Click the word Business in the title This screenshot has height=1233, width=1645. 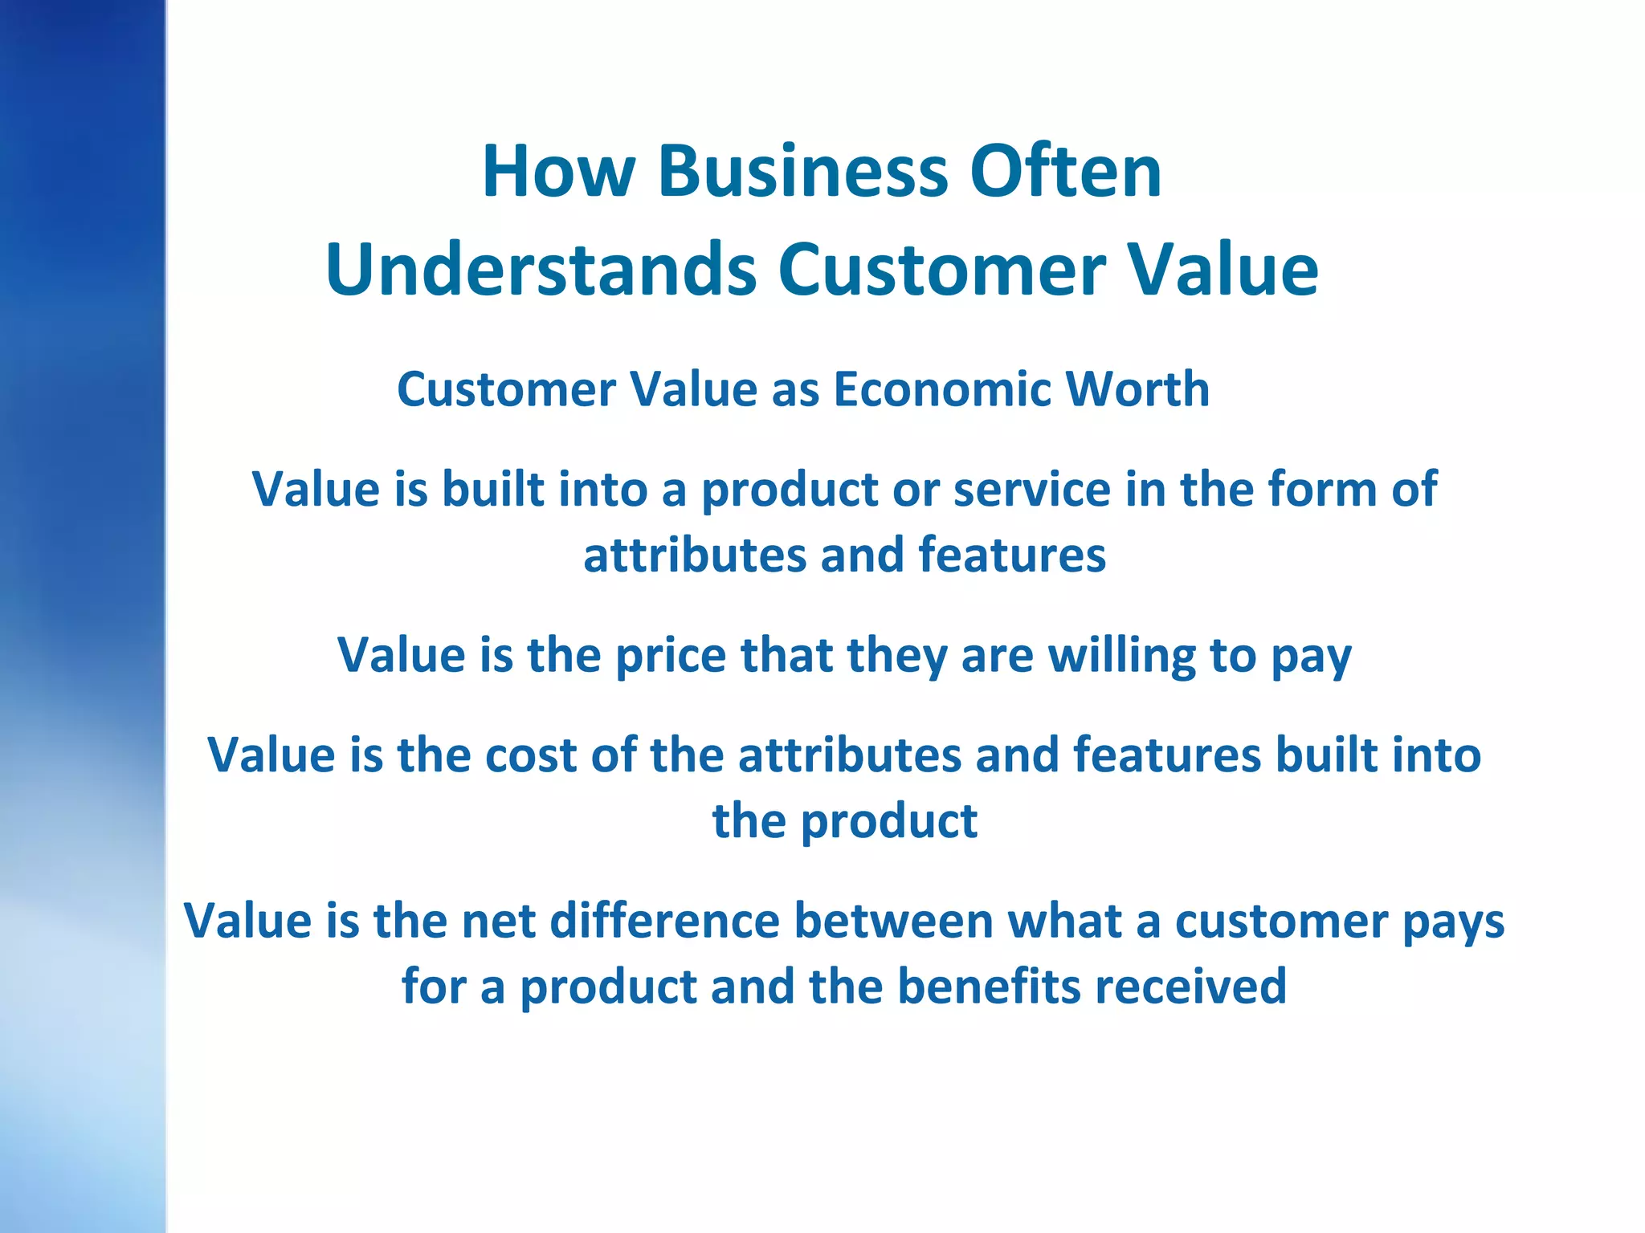click(x=803, y=172)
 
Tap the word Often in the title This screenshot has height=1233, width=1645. click(x=1066, y=172)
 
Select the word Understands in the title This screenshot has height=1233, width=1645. click(x=541, y=270)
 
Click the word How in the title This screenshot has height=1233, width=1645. click(x=559, y=172)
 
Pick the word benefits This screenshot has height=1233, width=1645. click(x=989, y=987)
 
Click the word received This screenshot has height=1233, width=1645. click(x=1190, y=987)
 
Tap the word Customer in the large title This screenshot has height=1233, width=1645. click(x=943, y=270)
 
